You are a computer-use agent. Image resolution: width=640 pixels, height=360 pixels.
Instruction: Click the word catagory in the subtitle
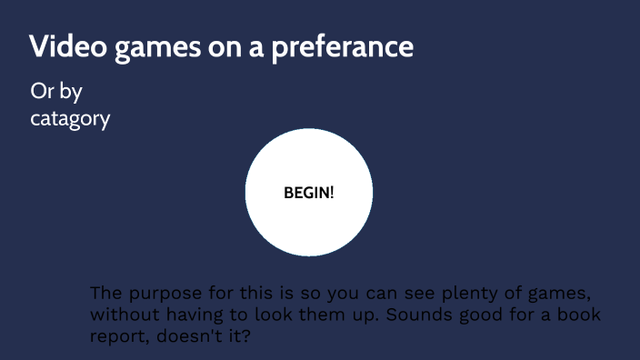[71, 119]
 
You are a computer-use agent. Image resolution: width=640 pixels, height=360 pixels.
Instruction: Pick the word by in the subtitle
[72, 93]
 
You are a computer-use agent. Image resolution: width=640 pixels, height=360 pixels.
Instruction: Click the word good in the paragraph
[515, 315]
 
